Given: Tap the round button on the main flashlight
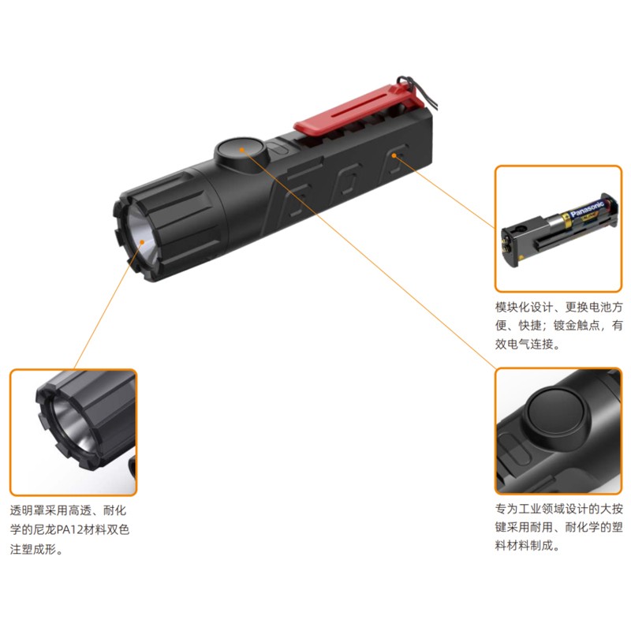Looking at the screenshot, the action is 241,151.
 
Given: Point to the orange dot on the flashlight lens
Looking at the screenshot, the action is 142,241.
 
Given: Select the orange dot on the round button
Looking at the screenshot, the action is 241,150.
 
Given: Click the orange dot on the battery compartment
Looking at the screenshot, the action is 394,155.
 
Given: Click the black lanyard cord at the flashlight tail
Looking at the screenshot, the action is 419,90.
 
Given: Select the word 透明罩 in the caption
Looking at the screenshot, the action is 28,511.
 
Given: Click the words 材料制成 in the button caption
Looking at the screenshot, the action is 529,546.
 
